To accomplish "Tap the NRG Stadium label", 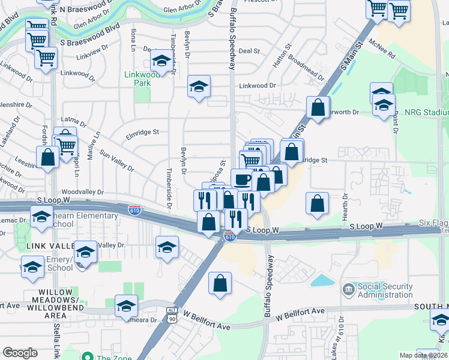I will (x=426, y=112).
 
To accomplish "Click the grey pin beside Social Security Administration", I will (x=349, y=290).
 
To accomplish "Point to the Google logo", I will (x=20, y=353).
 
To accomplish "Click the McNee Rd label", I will (x=382, y=49).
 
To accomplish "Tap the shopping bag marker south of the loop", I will (x=220, y=283).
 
